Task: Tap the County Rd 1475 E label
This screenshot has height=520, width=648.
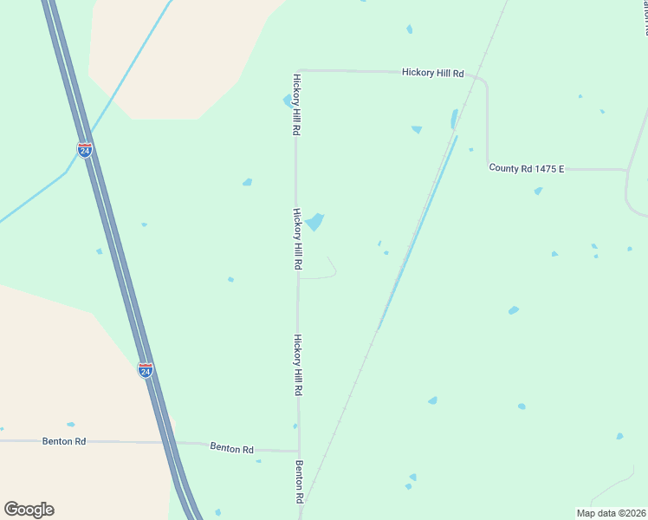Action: (526, 168)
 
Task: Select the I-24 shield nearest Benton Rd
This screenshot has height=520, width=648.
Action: (146, 371)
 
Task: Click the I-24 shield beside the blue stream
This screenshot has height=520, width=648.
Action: (84, 149)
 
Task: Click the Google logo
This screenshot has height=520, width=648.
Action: (29, 509)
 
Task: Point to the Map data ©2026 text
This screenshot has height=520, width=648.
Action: (610, 512)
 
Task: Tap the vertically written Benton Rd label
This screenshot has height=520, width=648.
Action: (299, 483)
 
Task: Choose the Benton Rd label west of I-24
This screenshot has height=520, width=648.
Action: (64, 441)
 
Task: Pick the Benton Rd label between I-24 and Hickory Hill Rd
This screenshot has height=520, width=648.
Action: (231, 449)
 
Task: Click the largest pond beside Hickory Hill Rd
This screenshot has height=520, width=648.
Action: (314, 222)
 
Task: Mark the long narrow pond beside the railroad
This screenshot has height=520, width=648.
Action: (453, 119)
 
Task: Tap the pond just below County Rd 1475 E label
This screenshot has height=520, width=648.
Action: (539, 191)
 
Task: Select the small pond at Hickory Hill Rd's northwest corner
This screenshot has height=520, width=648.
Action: (288, 101)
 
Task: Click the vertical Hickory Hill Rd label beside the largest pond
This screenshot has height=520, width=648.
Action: (297, 239)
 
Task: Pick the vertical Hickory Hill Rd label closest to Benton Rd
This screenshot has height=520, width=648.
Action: (297, 366)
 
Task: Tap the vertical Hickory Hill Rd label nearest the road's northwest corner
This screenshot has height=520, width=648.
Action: (296, 104)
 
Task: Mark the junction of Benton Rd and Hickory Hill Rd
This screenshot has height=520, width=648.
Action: (299, 451)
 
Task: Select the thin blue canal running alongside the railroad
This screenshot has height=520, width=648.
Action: (416, 234)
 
